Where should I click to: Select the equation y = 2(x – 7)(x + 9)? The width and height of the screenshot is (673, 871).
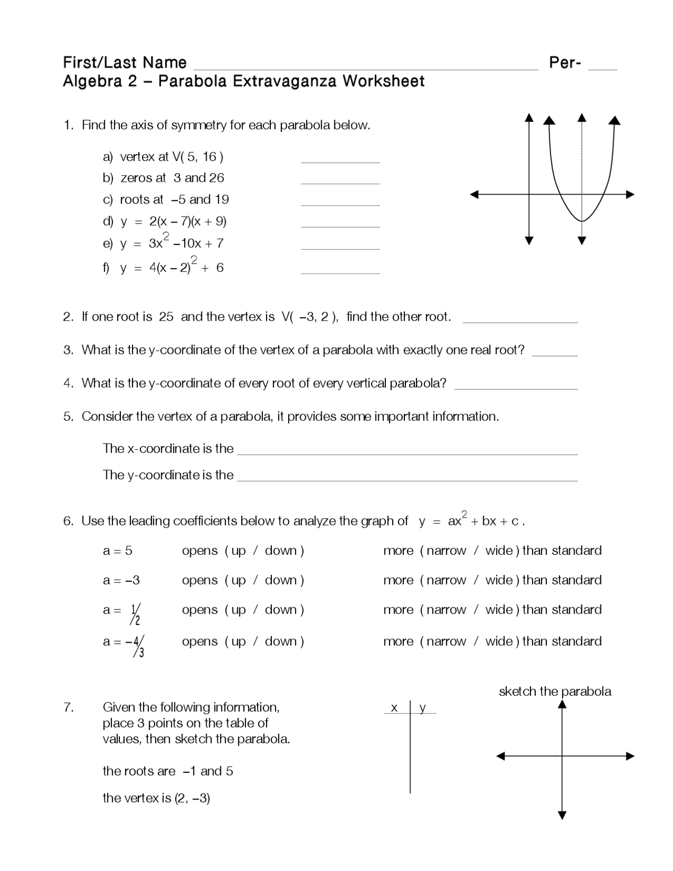pyautogui.click(x=174, y=221)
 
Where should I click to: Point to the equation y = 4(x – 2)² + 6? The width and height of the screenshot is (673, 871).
pyautogui.click(x=172, y=267)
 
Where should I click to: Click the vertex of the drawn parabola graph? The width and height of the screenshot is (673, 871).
pyautogui.click(x=582, y=220)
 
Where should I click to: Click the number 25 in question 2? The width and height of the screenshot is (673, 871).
pyautogui.click(x=166, y=317)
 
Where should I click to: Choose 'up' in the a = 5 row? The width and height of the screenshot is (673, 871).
pyautogui.click(x=238, y=551)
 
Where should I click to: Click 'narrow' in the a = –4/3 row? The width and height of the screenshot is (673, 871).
pyautogui.click(x=446, y=641)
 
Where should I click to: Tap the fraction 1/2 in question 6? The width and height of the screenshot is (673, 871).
pyautogui.click(x=136, y=614)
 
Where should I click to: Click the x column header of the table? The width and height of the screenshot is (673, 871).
pyautogui.click(x=394, y=708)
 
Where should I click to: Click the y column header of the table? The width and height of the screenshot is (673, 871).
pyautogui.click(x=422, y=708)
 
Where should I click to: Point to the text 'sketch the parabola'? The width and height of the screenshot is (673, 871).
pyautogui.click(x=555, y=691)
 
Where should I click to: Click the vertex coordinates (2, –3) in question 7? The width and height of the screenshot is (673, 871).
pyautogui.click(x=191, y=798)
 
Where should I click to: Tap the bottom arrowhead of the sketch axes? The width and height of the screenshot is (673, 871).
pyautogui.click(x=562, y=815)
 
